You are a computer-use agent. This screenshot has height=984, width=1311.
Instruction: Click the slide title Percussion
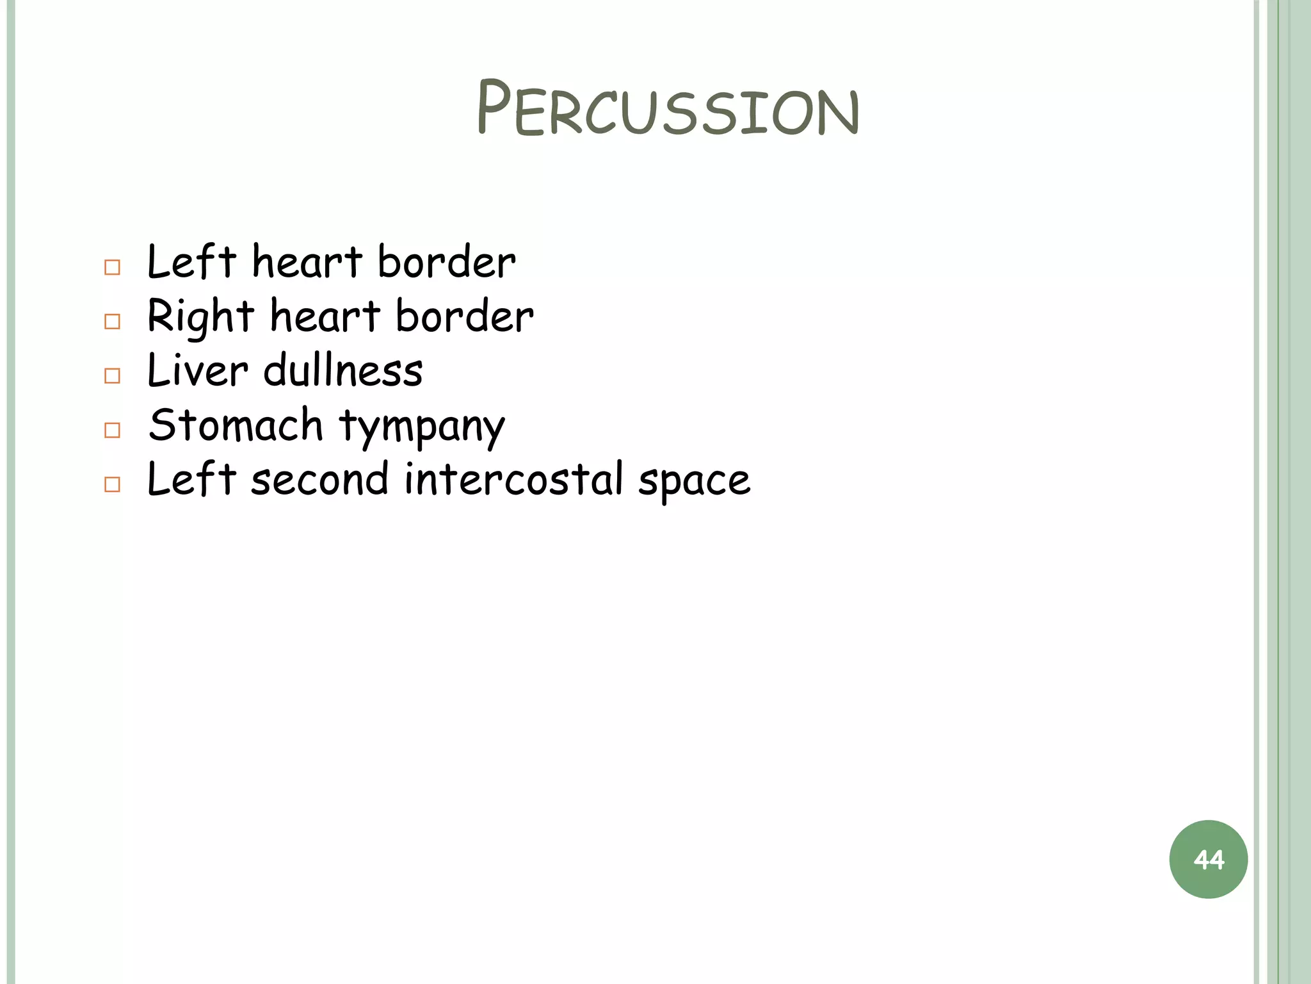point(668,109)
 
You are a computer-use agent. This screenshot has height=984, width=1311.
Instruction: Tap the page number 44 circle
point(1208,859)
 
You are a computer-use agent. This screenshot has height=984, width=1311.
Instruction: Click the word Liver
point(197,371)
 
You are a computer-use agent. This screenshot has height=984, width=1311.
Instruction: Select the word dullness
point(343,371)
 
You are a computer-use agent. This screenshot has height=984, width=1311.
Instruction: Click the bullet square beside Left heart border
point(112,267)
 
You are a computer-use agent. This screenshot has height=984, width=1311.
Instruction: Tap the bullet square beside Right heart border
point(112,322)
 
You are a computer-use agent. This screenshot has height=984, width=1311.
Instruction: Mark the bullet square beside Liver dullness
point(112,375)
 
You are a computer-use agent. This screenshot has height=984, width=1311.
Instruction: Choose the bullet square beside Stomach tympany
point(112,430)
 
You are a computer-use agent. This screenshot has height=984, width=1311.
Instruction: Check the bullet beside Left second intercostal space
point(112,484)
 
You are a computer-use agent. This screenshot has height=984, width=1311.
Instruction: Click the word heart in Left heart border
point(307,262)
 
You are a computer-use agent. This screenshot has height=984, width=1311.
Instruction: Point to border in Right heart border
point(464,316)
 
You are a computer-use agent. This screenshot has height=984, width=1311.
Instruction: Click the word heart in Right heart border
point(325,316)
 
